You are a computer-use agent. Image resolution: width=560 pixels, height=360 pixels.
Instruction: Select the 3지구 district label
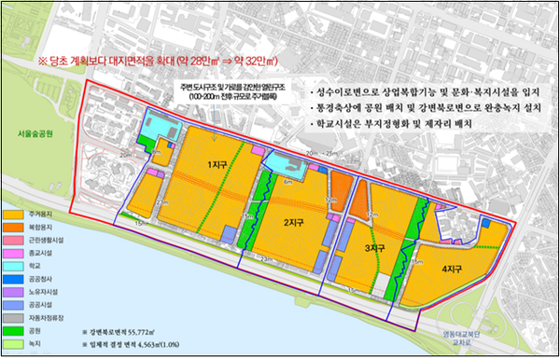tap(374, 248)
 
